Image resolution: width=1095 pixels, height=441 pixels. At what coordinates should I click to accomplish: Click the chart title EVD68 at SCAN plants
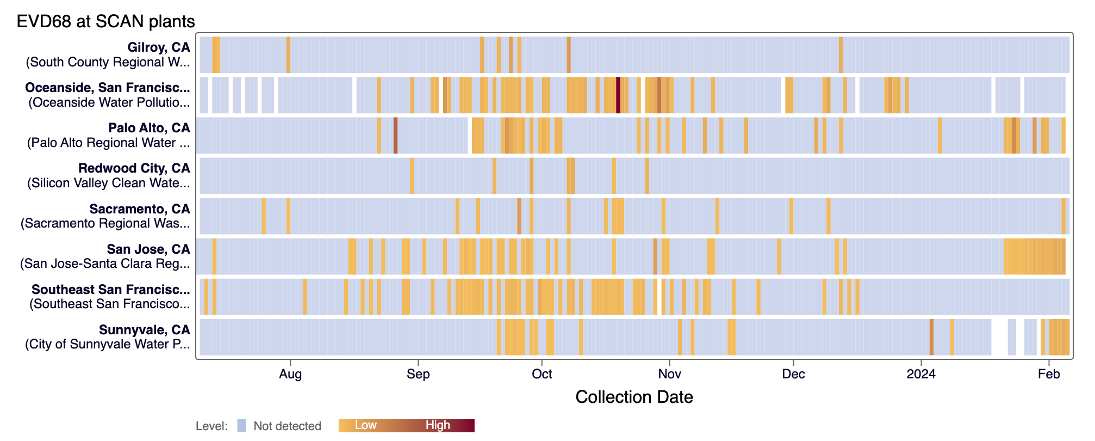[105, 21]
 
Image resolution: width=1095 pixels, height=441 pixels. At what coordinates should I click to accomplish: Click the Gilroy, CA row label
[158, 47]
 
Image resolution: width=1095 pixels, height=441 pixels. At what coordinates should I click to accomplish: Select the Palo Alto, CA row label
[149, 128]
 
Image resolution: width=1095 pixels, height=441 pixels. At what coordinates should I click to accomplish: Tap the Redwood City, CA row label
[134, 168]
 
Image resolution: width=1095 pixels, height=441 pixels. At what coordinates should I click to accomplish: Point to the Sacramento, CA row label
[140, 209]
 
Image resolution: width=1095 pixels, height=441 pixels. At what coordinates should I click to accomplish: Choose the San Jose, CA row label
[148, 249]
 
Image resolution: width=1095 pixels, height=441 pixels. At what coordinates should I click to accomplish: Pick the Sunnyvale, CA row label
[144, 330]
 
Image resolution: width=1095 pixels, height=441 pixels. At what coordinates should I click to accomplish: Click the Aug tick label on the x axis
[290, 374]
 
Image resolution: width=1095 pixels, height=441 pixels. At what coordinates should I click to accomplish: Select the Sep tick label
[418, 374]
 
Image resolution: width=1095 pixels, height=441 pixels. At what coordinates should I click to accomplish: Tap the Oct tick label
[542, 374]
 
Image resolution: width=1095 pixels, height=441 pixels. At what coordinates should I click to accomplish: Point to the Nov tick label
[669, 374]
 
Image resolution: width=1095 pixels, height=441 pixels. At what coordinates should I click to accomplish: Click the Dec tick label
[793, 374]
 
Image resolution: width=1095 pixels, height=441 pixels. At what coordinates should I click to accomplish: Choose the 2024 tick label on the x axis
[921, 374]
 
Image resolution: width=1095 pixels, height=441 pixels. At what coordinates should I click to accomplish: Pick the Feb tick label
[1049, 374]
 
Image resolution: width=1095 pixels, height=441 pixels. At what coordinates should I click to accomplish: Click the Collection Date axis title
[634, 397]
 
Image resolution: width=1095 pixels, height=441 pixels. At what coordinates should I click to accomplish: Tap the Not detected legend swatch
[242, 426]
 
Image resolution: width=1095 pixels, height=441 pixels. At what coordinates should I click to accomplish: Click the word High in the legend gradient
[438, 425]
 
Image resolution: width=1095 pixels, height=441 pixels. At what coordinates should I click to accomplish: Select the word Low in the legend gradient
[365, 425]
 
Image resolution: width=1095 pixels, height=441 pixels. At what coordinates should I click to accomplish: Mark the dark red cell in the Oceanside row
[618, 95]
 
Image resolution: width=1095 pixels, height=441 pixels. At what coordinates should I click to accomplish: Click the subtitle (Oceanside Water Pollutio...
[109, 102]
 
